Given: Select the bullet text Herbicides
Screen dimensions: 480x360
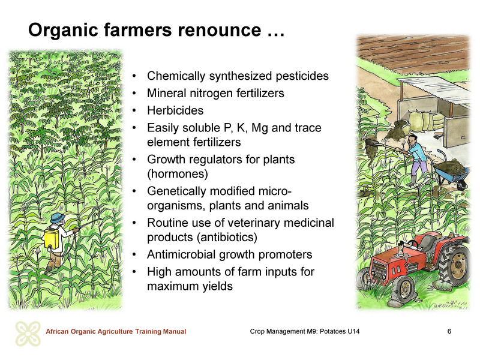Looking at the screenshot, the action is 175,110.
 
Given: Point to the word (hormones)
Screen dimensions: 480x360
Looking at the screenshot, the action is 178,174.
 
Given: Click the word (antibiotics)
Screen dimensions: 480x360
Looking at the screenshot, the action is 227,237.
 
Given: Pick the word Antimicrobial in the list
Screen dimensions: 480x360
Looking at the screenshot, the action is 181,254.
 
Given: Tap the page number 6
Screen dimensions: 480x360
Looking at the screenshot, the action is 449,331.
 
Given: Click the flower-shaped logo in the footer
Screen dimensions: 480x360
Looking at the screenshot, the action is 28,334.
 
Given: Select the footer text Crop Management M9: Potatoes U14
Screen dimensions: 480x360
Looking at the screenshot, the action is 305,331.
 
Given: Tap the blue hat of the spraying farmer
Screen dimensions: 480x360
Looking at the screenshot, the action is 58,218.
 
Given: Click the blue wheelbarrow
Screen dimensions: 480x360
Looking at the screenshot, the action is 452,172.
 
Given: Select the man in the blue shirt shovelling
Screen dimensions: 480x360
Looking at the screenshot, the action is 415,160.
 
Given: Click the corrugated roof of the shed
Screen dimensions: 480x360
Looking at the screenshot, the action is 434,89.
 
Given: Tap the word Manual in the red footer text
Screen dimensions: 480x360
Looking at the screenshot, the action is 175,332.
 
